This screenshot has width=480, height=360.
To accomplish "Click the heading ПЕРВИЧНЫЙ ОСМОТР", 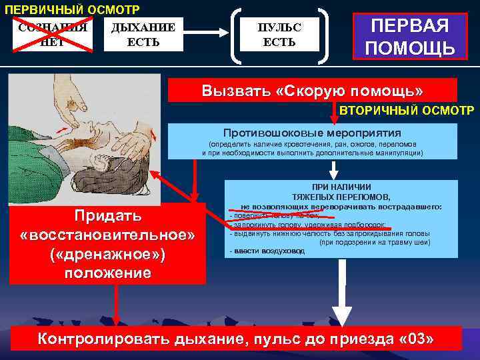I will point(71,9).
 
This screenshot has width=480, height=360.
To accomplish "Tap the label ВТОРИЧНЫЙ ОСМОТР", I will point(407,109).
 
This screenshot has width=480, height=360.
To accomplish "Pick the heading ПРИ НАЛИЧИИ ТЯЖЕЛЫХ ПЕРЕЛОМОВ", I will point(341,193).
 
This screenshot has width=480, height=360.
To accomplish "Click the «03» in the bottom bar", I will point(415,338).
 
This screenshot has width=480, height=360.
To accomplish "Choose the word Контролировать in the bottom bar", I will point(104,338).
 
